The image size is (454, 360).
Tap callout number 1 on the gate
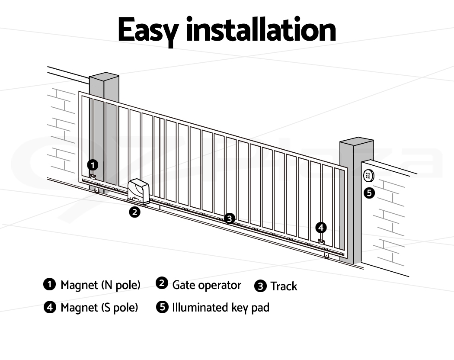tap(93, 165)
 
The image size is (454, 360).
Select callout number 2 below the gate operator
tap(134, 212)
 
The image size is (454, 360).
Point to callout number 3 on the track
tap(230, 219)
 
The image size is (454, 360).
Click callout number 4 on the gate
tap(321, 228)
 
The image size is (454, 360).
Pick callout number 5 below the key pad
tap(369, 193)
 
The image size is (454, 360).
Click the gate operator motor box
tap(138, 191)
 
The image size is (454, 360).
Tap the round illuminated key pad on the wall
tap(368, 176)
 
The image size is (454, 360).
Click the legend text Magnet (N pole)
tap(100, 285)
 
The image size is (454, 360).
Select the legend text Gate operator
tap(207, 285)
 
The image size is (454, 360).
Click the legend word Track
tap(284, 286)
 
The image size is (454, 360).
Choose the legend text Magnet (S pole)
tap(99, 308)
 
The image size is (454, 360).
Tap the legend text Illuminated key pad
tap(221, 308)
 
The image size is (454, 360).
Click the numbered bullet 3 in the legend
tap(260, 286)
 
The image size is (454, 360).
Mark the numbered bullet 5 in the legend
tap(162, 307)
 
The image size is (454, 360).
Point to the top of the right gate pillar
tap(357, 141)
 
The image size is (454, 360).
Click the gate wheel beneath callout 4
tap(326, 256)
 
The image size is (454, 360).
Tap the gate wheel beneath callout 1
tap(96, 190)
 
